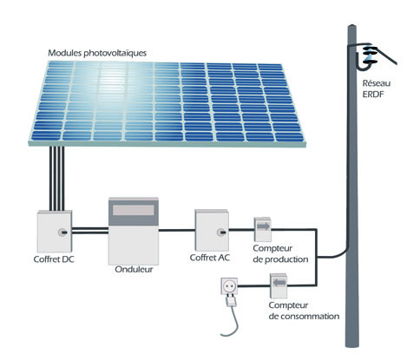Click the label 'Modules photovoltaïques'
(97, 53)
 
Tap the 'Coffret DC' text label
(54, 259)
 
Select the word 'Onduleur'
(134, 269)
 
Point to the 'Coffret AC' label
(210, 258)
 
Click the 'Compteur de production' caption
(280, 254)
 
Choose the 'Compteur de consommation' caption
(304, 311)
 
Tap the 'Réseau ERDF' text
(377, 88)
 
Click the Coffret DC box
(55, 232)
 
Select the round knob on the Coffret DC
(62, 232)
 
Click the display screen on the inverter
(134, 210)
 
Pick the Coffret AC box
(212, 230)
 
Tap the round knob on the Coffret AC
(221, 232)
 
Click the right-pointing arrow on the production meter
(263, 226)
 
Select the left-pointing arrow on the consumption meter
(279, 283)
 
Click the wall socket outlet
(229, 286)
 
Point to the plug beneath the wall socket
(231, 301)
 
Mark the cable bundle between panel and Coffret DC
(56, 179)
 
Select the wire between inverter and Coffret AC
(177, 231)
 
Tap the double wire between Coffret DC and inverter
(90, 231)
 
